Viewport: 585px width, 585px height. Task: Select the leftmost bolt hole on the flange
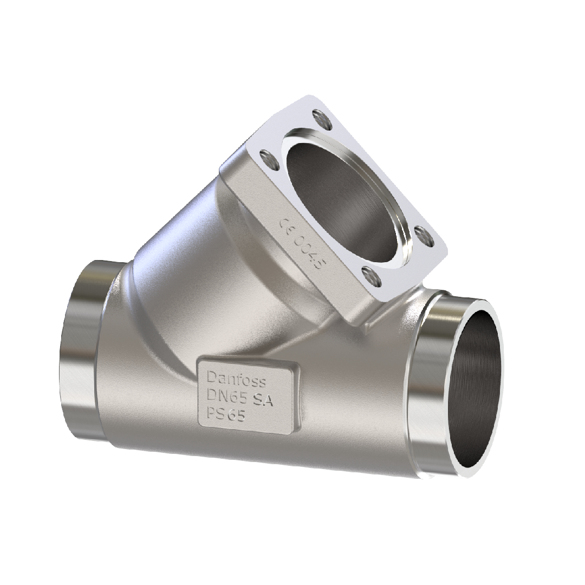pyautogui.click(x=266, y=157)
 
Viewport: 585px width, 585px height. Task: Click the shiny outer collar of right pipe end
pyautogui.click(x=428, y=379)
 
